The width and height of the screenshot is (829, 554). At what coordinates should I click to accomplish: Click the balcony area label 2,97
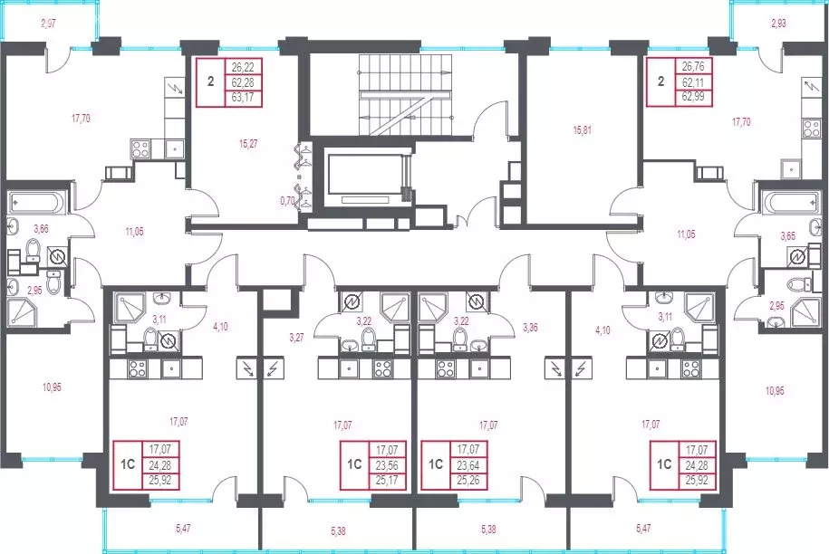[x=48, y=24]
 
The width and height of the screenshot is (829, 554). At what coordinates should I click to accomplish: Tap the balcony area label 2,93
[x=778, y=24]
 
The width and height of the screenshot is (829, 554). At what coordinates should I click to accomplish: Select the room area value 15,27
[x=248, y=143]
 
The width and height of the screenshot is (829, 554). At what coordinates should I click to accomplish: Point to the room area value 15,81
[x=582, y=130]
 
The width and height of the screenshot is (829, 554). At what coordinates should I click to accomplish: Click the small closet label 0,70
[x=287, y=201]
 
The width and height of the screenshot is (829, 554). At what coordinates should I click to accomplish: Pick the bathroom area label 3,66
[x=42, y=229]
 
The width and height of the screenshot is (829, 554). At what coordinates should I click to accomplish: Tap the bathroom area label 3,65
[x=787, y=236]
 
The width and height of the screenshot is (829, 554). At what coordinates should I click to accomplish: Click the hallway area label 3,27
[x=296, y=338]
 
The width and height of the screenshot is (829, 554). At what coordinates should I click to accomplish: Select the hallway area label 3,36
[x=530, y=328]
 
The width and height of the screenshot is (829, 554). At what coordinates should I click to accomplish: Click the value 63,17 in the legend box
[x=243, y=97]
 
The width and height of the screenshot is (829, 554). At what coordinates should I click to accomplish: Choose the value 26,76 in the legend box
[x=693, y=67]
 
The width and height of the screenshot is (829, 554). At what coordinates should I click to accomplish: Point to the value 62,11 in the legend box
[x=693, y=82]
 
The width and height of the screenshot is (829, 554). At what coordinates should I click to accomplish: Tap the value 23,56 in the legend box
[x=387, y=466]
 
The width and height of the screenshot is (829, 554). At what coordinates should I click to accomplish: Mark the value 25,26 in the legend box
[x=468, y=481]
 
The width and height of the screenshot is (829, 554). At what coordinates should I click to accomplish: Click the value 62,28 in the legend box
[x=243, y=82]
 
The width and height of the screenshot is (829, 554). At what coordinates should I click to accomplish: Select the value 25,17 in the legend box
[x=387, y=481]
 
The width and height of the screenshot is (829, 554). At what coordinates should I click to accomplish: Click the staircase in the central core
[x=406, y=95]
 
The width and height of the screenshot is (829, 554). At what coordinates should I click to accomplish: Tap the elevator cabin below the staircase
[x=365, y=175]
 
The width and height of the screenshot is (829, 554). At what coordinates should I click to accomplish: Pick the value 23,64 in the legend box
[x=468, y=466]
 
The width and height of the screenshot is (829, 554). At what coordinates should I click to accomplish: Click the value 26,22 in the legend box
[x=243, y=67]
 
